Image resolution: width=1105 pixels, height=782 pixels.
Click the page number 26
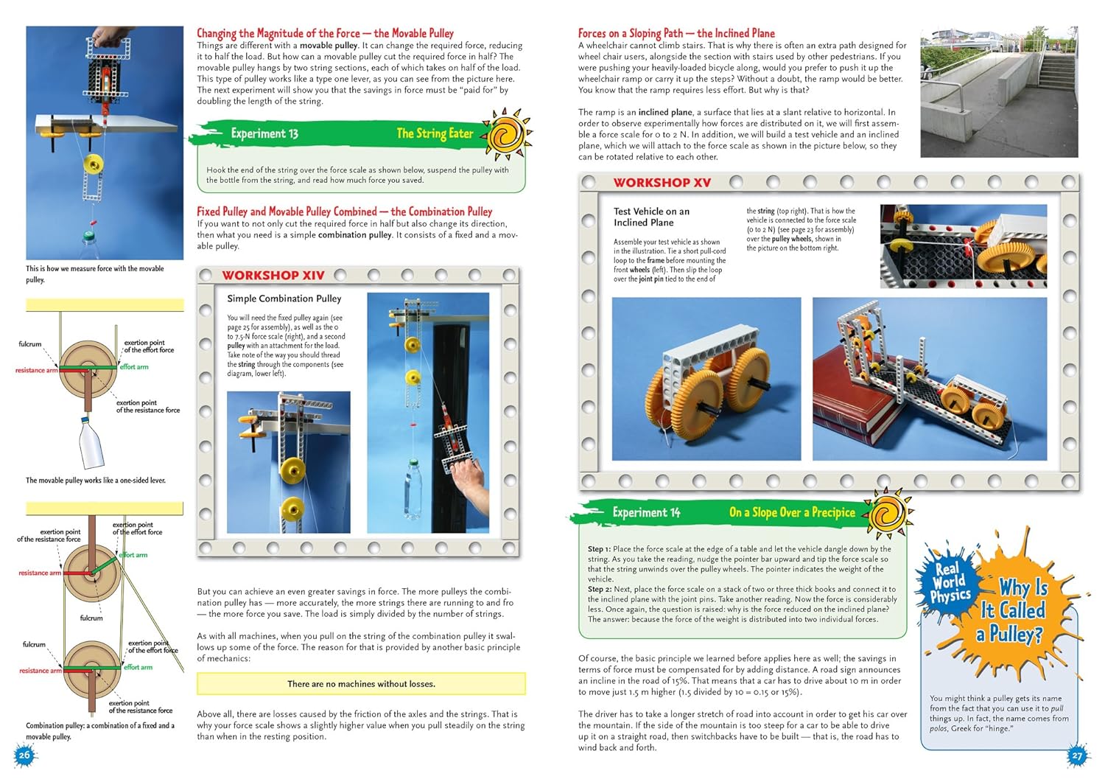click(24, 755)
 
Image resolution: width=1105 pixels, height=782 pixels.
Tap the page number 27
click(1077, 755)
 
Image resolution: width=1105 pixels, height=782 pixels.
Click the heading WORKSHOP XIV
click(273, 276)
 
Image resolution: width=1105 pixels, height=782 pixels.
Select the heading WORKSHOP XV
click(662, 183)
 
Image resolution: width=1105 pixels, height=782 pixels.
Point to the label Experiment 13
click(264, 133)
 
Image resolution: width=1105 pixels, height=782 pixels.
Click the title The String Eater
click(435, 133)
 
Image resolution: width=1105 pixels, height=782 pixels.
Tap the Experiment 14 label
click(646, 512)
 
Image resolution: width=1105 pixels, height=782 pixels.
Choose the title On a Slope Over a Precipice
click(792, 512)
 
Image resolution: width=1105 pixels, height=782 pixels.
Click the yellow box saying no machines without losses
click(361, 684)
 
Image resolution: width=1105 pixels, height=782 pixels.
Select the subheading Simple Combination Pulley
click(284, 299)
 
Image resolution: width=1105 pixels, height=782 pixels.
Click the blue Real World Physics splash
click(949, 582)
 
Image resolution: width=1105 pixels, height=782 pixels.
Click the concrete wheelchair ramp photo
click(999, 92)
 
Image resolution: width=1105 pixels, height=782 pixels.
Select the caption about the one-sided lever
click(96, 481)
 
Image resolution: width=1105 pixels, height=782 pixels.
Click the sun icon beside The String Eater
click(507, 135)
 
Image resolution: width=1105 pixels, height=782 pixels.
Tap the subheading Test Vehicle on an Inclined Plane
click(652, 217)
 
